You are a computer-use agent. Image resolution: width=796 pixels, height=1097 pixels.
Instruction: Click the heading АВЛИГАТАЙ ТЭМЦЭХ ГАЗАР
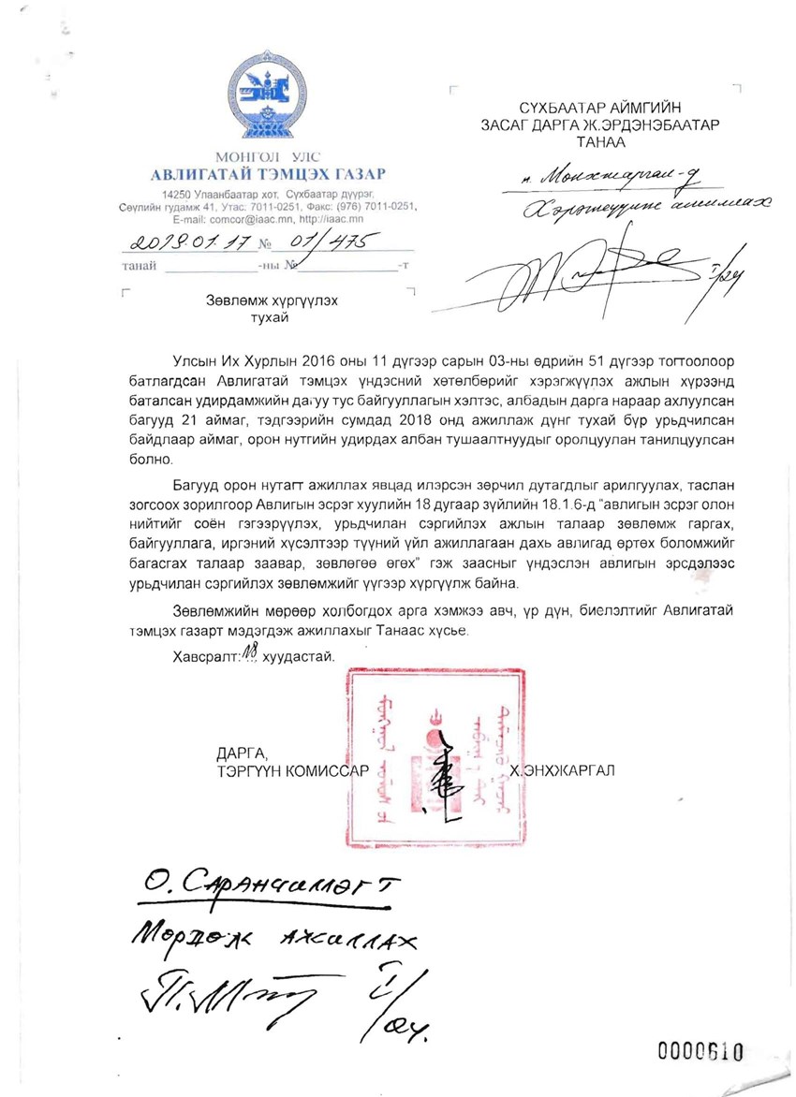click(268, 173)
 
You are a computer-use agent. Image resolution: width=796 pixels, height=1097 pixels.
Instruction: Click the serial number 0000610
click(700, 1051)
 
